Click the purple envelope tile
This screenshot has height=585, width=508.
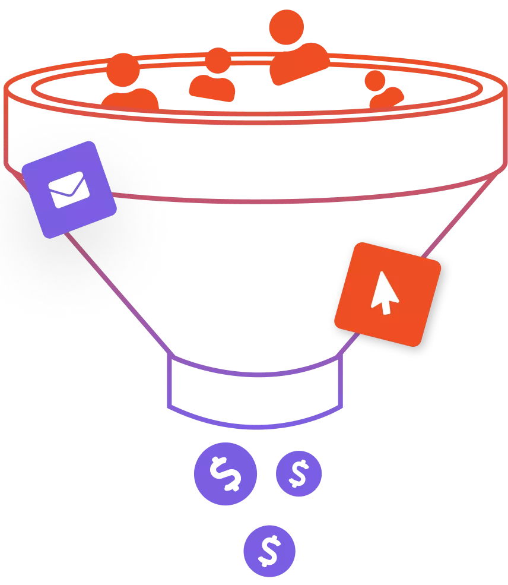tap(69, 189)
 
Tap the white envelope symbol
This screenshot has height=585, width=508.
tap(69, 189)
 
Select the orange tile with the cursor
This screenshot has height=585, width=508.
tap(387, 293)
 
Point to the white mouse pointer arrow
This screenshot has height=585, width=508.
tap(383, 292)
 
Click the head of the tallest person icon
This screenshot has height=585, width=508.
tap(285, 27)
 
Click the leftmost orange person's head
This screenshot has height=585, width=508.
tap(123, 68)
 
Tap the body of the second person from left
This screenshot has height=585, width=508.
tap(212, 88)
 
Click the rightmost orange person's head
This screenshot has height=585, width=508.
tap(375, 80)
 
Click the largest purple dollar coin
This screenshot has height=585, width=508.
tap(226, 474)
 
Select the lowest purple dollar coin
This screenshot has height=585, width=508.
tap(270, 551)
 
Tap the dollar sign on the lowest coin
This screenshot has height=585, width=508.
tap(270, 551)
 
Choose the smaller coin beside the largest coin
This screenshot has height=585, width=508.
tap(299, 474)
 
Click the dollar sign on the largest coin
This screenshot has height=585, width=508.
tap(226, 474)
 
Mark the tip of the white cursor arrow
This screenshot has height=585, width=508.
tap(377, 274)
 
